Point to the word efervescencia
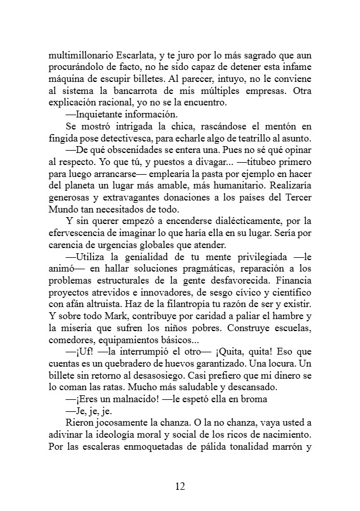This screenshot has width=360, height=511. [80, 234]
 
